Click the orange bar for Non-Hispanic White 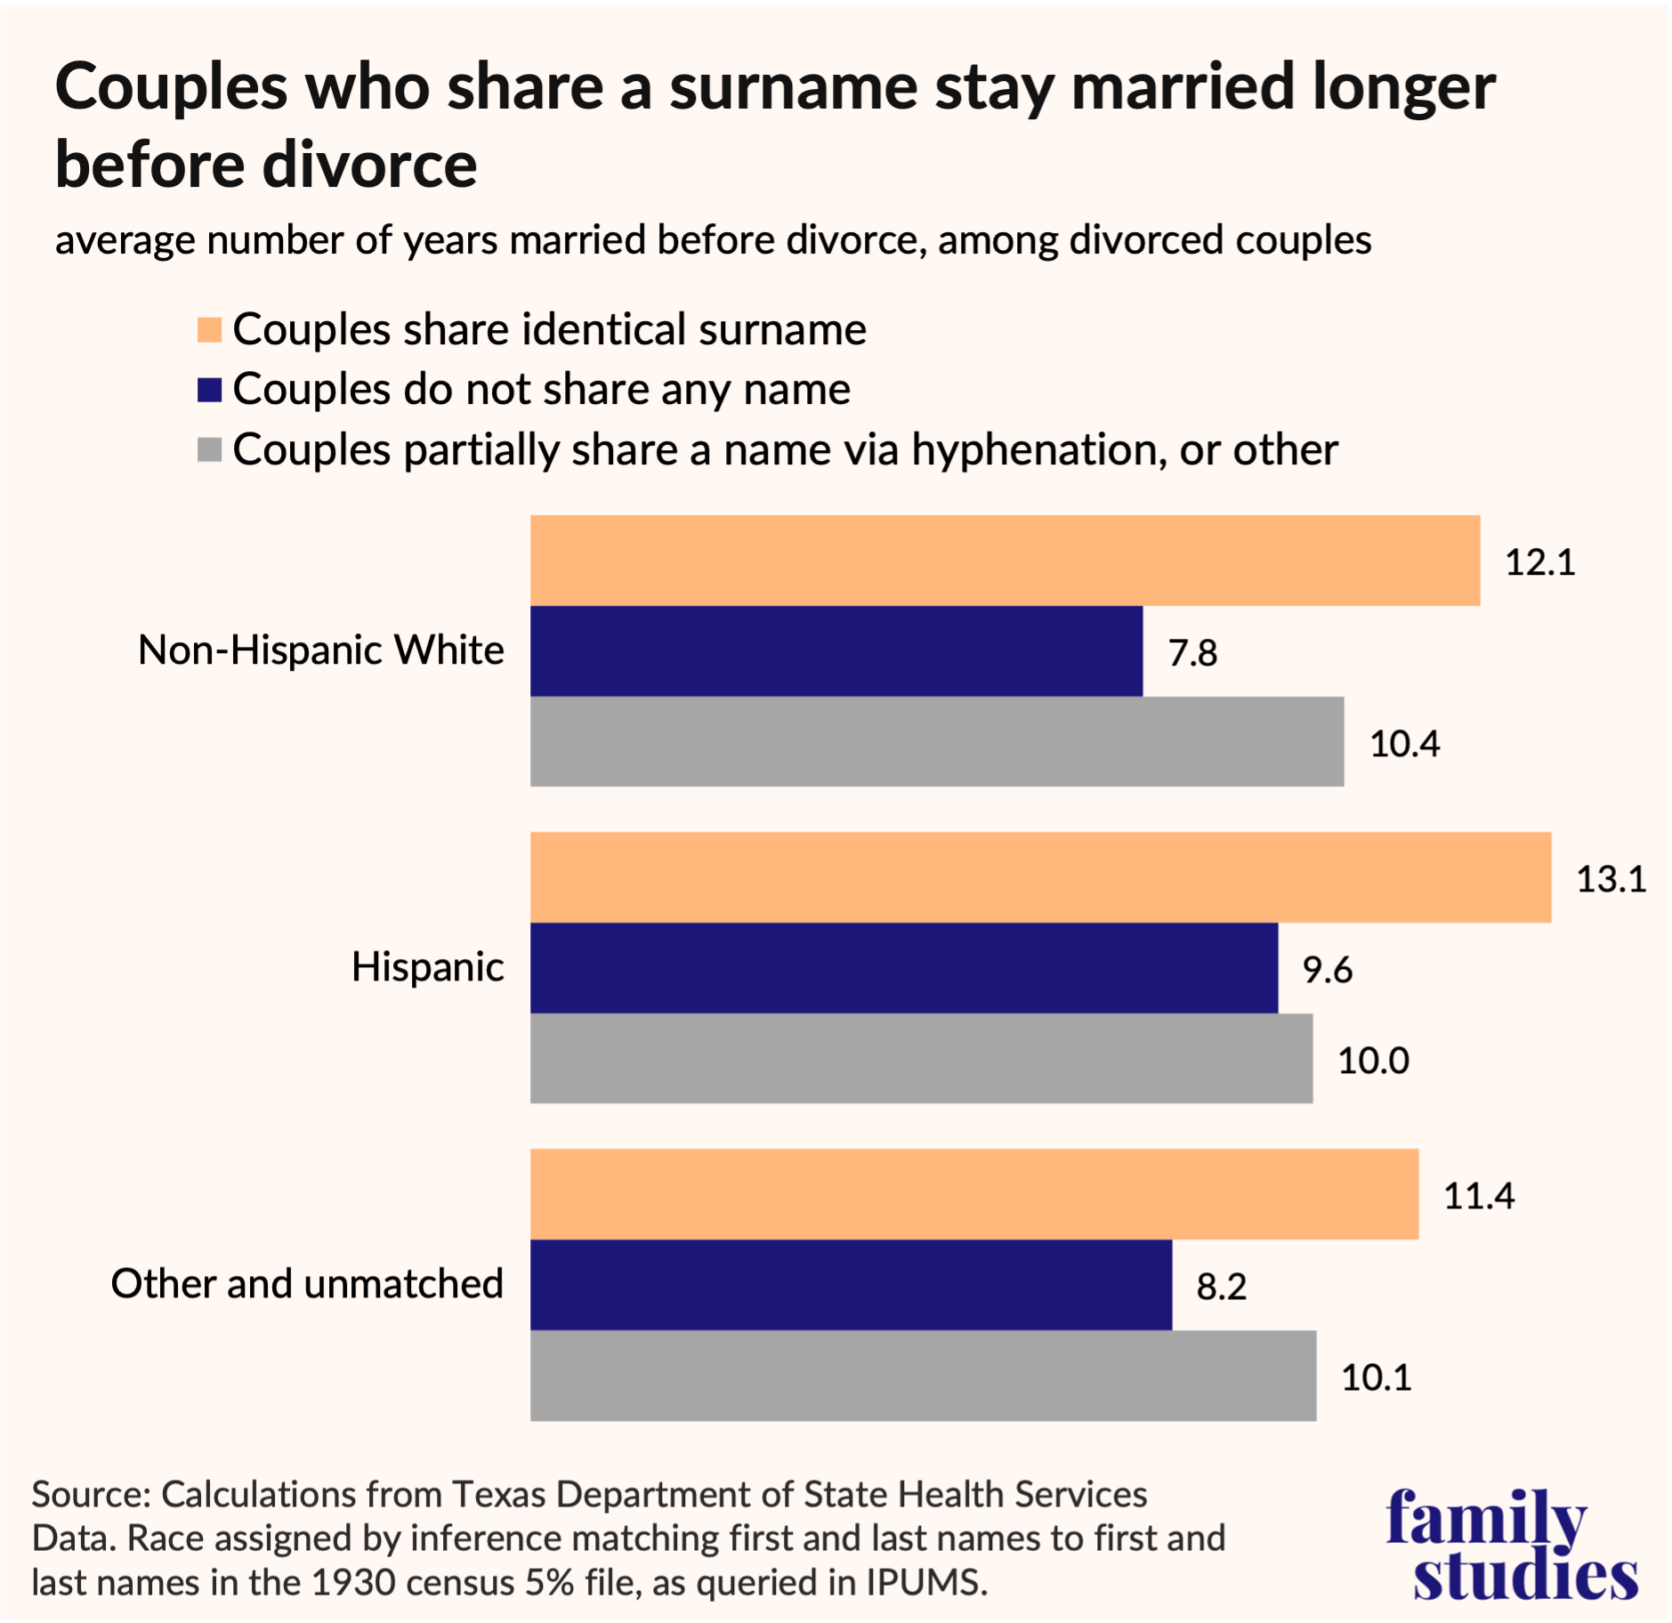click(1005, 561)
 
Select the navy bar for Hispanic click(903, 968)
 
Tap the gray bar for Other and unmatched click(923, 1376)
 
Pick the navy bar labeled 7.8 click(836, 651)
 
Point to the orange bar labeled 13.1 click(1040, 877)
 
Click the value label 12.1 click(1539, 562)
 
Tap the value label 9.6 click(1327, 970)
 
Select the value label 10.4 click(1404, 744)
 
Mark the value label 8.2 click(1221, 1287)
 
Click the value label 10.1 click(1376, 1377)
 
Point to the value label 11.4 click(1478, 1196)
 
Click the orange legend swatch click(209, 329)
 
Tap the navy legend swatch click(209, 390)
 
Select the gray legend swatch click(209, 449)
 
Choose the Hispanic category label click(427, 967)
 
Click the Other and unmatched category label click(307, 1284)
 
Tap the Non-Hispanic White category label click(320, 650)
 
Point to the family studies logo click(1511, 1545)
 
